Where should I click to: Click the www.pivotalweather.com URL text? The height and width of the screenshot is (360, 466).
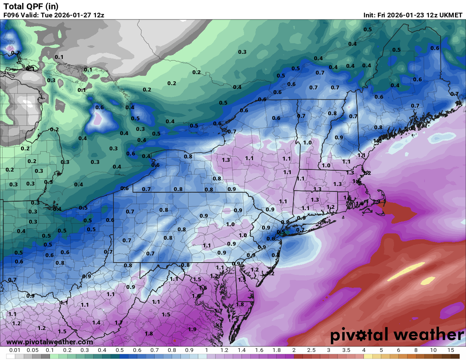pyautogui.click(x=50, y=342)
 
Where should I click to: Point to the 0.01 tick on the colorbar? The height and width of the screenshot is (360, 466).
pyautogui.click(x=15, y=351)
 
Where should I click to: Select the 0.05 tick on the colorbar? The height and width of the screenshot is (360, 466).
pyautogui.click(x=33, y=351)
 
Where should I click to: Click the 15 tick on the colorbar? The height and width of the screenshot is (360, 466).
pyautogui.click(x=451, y=351)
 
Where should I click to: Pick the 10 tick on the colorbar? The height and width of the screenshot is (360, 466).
pyautogui.click(x=433, y=351)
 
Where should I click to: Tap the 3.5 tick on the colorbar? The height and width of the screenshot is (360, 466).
pyautogui.click(x=346, y=351)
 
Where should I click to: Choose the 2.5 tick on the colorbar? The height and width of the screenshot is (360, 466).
pyautogui.click(x=311, y=351)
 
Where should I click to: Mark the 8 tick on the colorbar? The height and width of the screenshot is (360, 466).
pyautogui.click(x=416, y=351)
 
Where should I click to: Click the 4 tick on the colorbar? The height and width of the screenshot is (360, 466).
pyautogui.click(x=363, y=351)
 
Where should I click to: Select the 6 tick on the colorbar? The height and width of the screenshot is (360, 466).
pyautogui.click(x=399, y=351)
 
